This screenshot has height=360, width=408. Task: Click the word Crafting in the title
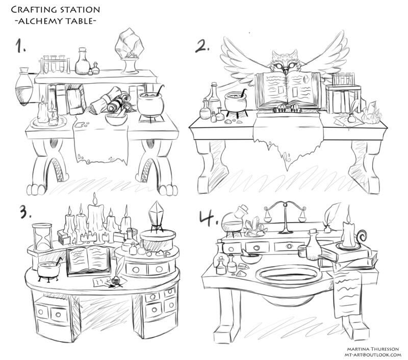(x=35, y=10)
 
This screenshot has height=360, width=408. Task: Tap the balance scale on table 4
(x=284, y=213)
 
